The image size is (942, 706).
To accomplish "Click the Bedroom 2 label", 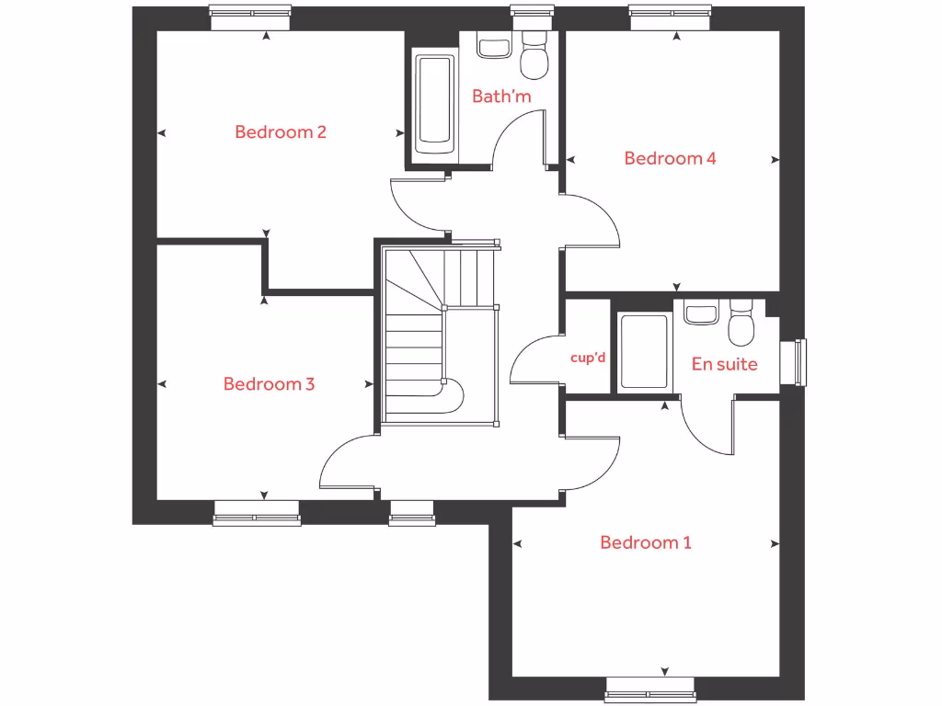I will [x=281, y=131].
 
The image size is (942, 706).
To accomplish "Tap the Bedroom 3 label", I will [x=269, y=384].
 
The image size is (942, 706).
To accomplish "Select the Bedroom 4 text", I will [x=670, y=158].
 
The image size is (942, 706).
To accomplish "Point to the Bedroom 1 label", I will [x=645, y=542].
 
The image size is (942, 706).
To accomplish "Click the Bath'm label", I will [x=501, y=96].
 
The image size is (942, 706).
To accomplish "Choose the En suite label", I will [x=724, y=364].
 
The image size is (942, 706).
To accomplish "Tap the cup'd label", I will [x=588, y=358].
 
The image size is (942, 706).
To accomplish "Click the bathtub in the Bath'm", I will [x=434, y=104].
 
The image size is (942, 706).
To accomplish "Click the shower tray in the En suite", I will [x=644, y=351].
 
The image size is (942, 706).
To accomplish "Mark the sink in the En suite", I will [x=701, y=313].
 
